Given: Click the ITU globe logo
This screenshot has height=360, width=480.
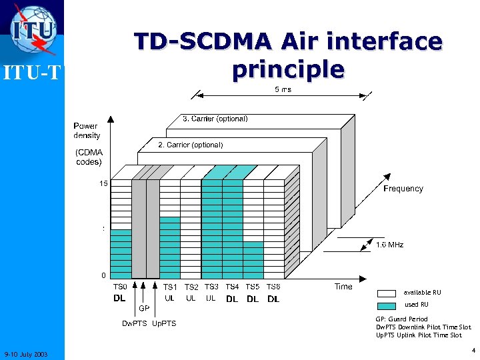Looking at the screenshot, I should coord(33,29).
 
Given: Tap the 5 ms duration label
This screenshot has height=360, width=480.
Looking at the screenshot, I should coord(283,89).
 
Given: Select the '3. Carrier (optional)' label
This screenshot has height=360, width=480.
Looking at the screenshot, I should coord(215,119).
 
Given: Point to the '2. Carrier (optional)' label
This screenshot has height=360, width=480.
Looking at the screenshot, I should coord(190,145).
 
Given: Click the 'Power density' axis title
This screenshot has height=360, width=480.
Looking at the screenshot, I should coord(87,131).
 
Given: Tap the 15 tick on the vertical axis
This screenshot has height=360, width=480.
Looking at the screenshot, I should coord(104,183).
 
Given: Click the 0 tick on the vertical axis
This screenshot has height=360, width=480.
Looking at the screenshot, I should coord(103,275).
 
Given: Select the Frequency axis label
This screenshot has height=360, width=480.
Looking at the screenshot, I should coord(403,189).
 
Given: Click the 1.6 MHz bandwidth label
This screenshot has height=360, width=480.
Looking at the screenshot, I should coord(390,245).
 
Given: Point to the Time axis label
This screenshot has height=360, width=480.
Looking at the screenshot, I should coord(343,287).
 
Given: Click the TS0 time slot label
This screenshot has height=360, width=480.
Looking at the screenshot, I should coord(120,287).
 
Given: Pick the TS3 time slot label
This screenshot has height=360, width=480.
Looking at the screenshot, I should coord(211,287).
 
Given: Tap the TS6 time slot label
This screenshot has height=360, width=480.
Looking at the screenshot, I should coord(273,287).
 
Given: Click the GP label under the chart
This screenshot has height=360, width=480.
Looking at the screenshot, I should coord(144,308).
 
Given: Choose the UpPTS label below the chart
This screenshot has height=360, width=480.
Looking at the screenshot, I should coord(164,324).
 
